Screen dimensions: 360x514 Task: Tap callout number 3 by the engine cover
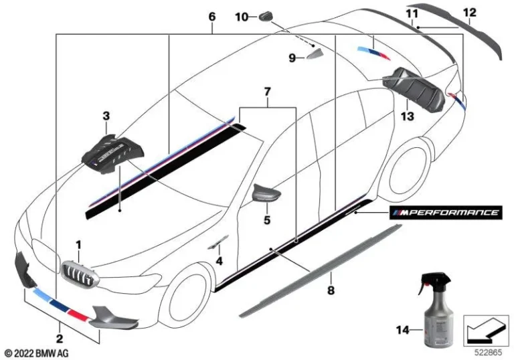(106, 116)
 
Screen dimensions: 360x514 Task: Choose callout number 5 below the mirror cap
(266, 219)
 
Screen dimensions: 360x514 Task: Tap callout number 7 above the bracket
(267, 90)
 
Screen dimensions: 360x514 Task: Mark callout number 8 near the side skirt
(330, 291)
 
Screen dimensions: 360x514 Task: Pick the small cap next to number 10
(270, 15)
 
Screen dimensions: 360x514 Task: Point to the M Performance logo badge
(446, 213)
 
